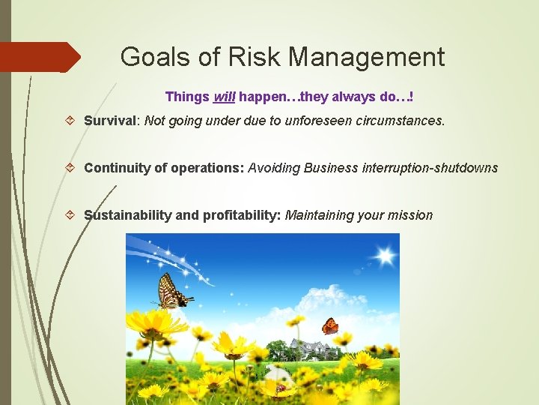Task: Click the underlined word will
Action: click(224, 97)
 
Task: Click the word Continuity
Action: click(116, 168)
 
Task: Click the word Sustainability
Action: click(127, 215)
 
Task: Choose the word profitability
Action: click(240, 215)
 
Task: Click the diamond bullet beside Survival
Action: click(70, 121)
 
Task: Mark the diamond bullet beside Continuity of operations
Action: click(70, 168)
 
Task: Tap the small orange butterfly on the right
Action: click(329, 326)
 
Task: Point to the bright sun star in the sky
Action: click(385, 256)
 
